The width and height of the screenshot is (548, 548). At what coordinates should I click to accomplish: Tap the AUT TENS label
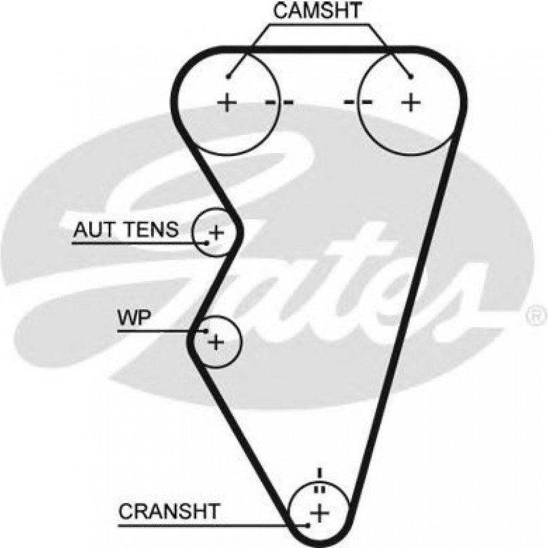point(125,230)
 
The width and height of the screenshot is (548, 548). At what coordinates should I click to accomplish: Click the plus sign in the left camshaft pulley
point(226,103)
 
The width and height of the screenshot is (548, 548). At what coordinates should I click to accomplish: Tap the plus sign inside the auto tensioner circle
point(216,233)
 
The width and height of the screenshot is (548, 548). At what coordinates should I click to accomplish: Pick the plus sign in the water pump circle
point(215,341)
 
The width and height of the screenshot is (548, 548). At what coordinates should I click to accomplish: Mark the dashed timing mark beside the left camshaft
point(279,103)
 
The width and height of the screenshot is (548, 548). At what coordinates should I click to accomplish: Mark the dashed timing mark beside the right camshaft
point(358,103)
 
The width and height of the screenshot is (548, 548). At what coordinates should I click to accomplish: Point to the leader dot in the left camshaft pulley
point(229,76)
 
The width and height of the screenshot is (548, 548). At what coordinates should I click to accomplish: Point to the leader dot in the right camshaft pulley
point(410,76)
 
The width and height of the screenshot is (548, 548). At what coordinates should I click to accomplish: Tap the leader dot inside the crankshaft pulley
point(309,525)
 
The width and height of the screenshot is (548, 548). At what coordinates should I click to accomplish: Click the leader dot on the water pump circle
point(206,331)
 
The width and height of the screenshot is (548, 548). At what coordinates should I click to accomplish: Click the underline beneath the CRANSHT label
point(211,525)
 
